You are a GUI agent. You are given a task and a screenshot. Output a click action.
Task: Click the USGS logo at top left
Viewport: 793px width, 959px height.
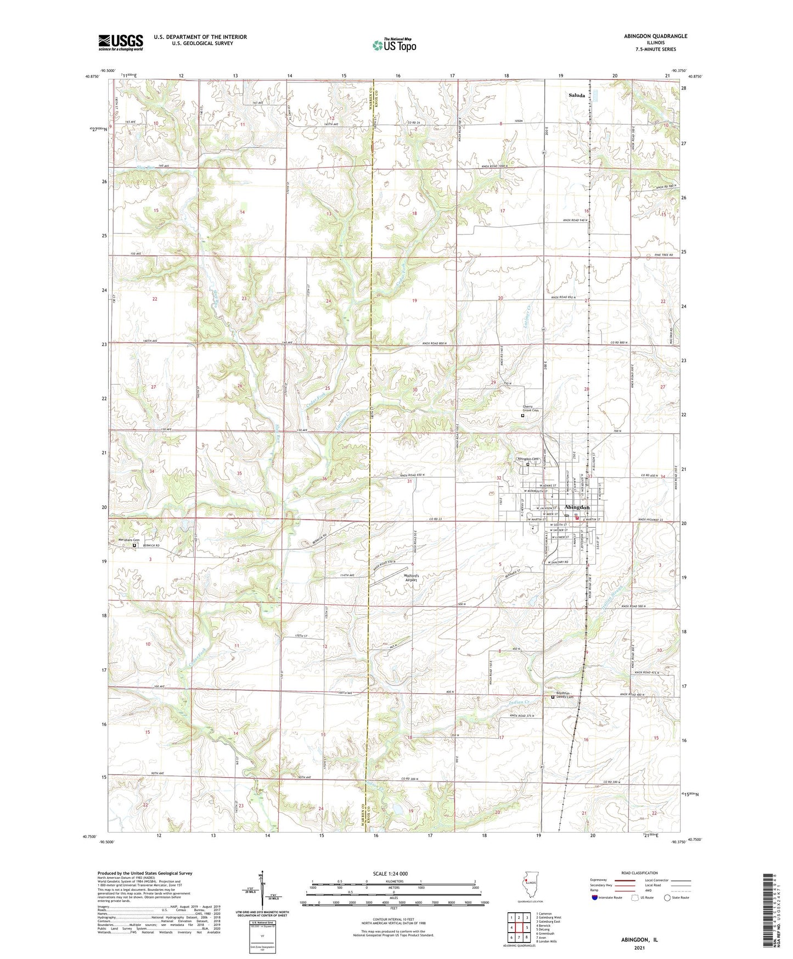click(x=121, y=42)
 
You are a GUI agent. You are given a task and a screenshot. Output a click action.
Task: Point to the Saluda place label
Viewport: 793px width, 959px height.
click(x=576, y=95)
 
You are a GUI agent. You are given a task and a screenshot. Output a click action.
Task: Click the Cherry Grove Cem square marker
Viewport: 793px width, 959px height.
click(x=522, y=416)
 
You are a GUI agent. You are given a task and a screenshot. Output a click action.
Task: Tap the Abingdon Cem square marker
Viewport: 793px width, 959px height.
click(x=528, y=464)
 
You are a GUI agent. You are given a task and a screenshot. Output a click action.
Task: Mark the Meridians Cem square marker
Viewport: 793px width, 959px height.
click(x=134, y=545)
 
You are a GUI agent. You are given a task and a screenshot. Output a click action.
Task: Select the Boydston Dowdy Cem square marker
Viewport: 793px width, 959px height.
click(x=553, y=698)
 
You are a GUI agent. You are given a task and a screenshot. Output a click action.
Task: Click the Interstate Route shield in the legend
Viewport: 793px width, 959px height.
click(x=595, y=897)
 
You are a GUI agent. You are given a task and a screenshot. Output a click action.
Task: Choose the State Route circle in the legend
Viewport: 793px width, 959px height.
click(x=667, y=897)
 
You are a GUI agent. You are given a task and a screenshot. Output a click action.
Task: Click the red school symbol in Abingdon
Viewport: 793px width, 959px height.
click(x=577, y=517)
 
